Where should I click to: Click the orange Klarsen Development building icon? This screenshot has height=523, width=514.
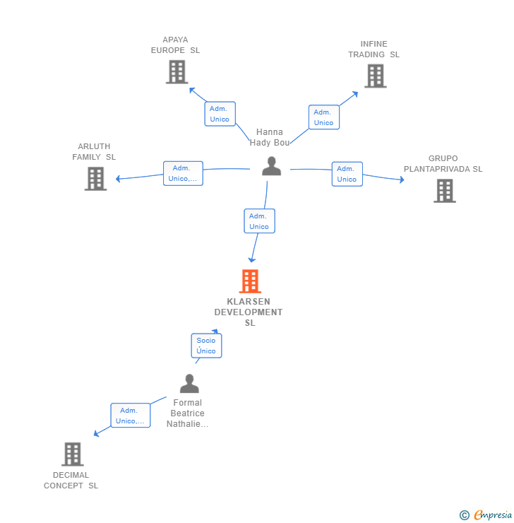coord(250,281)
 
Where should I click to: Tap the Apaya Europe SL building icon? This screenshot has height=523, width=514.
coord(176,71)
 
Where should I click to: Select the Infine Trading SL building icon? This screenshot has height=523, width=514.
coord(375,76)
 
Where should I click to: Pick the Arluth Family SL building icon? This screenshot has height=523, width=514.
coord(95,179)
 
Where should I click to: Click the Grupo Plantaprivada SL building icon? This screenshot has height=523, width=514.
coord(444,191)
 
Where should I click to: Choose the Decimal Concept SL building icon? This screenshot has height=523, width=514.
coord(72,454)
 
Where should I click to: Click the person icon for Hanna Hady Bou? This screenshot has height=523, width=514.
coord(271,166)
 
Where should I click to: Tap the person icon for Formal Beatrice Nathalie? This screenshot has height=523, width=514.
coord(189,384)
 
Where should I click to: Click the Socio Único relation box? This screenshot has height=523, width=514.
coord(206,346)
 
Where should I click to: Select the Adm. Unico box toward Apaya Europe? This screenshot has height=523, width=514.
coord(220,114)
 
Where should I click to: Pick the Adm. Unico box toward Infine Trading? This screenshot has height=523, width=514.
coord(323,117)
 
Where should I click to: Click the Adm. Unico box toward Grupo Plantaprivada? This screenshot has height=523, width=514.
coord(347,174)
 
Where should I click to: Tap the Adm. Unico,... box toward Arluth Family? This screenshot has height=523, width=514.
coord(183,173)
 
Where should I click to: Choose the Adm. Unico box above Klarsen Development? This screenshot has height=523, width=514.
coord(259,221)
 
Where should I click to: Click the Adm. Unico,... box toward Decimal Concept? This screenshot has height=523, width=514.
coord(130,416)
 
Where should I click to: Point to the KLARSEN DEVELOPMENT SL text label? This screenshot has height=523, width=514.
coord(249,312)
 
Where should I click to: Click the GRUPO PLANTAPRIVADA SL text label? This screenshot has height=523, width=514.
coord(443,164)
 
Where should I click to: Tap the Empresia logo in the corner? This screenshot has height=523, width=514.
coord(486,515)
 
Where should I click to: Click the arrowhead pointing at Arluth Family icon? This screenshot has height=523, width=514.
coord(118,179)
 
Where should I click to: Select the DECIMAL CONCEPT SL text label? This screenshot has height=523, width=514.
coord(71,481)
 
